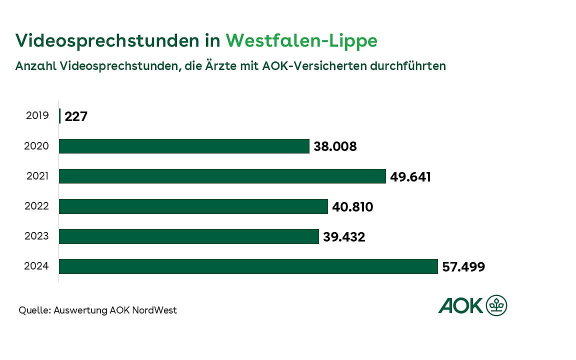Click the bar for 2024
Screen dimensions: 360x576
[248, 266]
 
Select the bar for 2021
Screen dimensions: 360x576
[222, 176]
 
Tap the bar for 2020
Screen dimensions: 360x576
[184, 146]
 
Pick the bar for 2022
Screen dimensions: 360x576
[193, 206]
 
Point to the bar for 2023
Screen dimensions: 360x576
[188, 236]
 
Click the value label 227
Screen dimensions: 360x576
[76, 117]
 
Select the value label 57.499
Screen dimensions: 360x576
[463, 267]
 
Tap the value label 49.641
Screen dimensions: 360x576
[410, 177]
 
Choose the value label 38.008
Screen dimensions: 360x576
[335, 147]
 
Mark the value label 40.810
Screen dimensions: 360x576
[352, 207]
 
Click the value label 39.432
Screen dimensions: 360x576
[344, 237]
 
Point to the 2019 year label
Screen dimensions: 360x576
[36, 116]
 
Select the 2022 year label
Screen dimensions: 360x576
[36, 206]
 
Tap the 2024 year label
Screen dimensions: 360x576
[36, 266]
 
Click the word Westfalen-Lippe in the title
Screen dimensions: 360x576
[301, 41]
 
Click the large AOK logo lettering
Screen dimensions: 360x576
[461, 305]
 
